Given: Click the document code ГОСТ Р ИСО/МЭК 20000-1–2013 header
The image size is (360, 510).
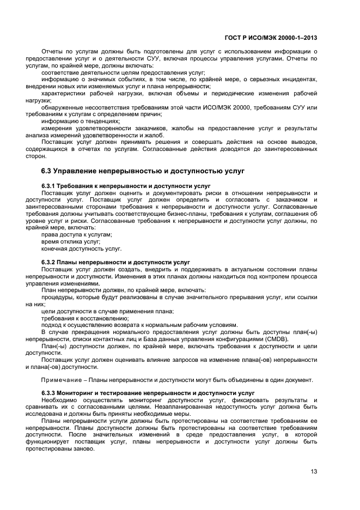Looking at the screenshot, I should point(271,38).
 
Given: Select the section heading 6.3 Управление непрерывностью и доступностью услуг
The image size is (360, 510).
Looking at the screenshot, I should point(143,171).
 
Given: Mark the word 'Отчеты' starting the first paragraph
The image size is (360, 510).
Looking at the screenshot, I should point(53,52).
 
